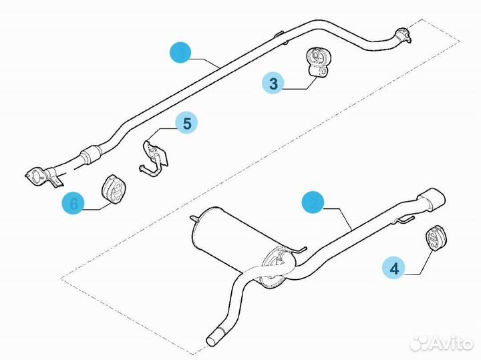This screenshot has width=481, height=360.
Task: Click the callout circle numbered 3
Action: pos(273,84)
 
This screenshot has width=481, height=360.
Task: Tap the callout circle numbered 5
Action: pos(187,123)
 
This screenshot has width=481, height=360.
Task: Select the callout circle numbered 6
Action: pos(73,203)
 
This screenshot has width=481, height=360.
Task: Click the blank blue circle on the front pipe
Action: pos(180,52)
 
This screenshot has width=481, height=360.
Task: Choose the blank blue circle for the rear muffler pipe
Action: pos(313,203)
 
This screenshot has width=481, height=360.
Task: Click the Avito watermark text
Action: pos(450,343)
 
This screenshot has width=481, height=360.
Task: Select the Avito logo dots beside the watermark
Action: pos(420,343)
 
